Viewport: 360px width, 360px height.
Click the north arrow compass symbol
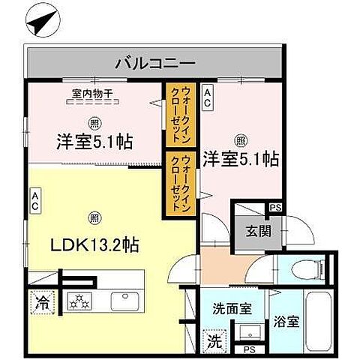pos(40,22)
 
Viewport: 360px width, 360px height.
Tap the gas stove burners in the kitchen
pos(79,301)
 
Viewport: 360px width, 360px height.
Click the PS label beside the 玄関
pos(275,207)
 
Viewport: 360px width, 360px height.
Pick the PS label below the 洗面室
pos(247,349)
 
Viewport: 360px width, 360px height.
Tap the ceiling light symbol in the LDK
pos(92,217)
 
